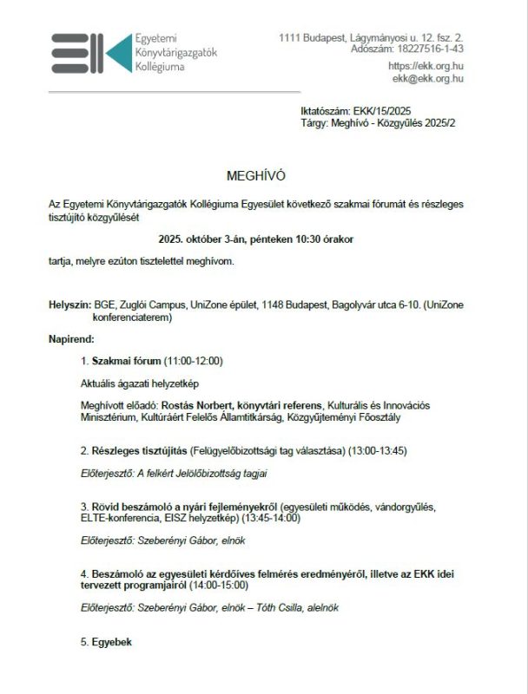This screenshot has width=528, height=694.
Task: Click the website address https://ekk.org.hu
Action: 425,66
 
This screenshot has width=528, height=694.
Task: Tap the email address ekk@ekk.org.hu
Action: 427,78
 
